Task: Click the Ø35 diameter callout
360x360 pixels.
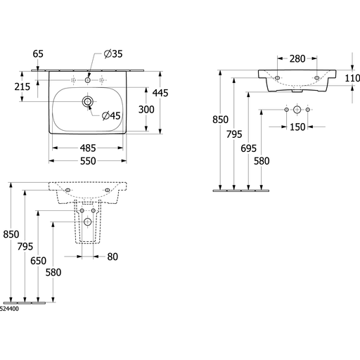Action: point(113,54)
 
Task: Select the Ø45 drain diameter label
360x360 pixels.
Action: point(111,115)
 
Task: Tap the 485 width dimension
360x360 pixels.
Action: point(88,148)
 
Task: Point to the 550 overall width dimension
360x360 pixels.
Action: point(88,161)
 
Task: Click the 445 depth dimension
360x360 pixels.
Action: point(160,93)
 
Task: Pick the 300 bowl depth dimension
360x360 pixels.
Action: point(146,110)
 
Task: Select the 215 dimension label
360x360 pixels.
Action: point(22,86)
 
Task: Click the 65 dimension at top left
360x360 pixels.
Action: point(38,54)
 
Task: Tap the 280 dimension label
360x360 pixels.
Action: point(297,59)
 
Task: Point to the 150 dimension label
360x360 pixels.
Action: point(297,127)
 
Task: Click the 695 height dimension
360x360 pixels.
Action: point(248,148)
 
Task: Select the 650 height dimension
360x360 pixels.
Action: point(38,261)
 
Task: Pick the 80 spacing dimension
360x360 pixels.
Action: point(112,257)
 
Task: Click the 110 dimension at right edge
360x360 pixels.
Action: point(352,78)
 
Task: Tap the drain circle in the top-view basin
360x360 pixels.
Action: point(88,101)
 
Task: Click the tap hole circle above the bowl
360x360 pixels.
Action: point(88,80)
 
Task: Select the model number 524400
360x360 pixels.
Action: point(9,309)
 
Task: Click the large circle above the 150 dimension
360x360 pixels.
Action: point(297,110)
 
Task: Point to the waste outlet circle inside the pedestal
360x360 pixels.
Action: point(87,221)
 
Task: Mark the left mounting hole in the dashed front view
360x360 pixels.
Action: point(67,190)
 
